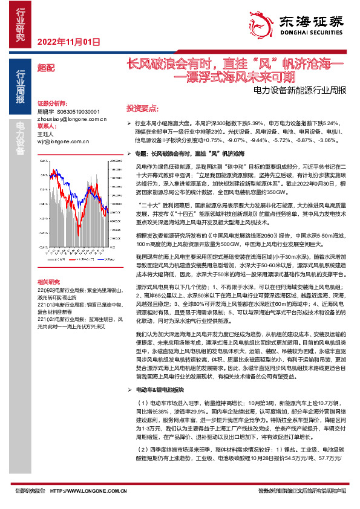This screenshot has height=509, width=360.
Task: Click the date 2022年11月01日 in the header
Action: pos(67,42)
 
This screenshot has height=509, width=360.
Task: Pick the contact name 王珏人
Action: pos(45,134)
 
